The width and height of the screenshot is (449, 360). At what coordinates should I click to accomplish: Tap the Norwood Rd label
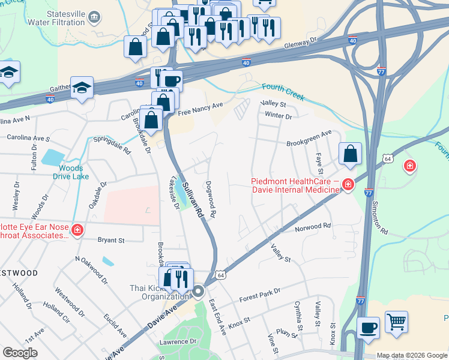[313, 227]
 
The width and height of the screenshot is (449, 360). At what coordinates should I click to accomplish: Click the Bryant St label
[111, 240]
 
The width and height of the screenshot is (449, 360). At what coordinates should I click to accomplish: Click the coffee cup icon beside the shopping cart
[369, 328]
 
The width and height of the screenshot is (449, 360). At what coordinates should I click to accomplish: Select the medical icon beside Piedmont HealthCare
[348, 185]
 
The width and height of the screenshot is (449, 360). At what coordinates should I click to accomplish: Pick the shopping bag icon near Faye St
[351, 154]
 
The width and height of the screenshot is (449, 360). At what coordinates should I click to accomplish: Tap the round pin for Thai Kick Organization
[199, 292]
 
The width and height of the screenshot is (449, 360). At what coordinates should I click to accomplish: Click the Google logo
[20, 353]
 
